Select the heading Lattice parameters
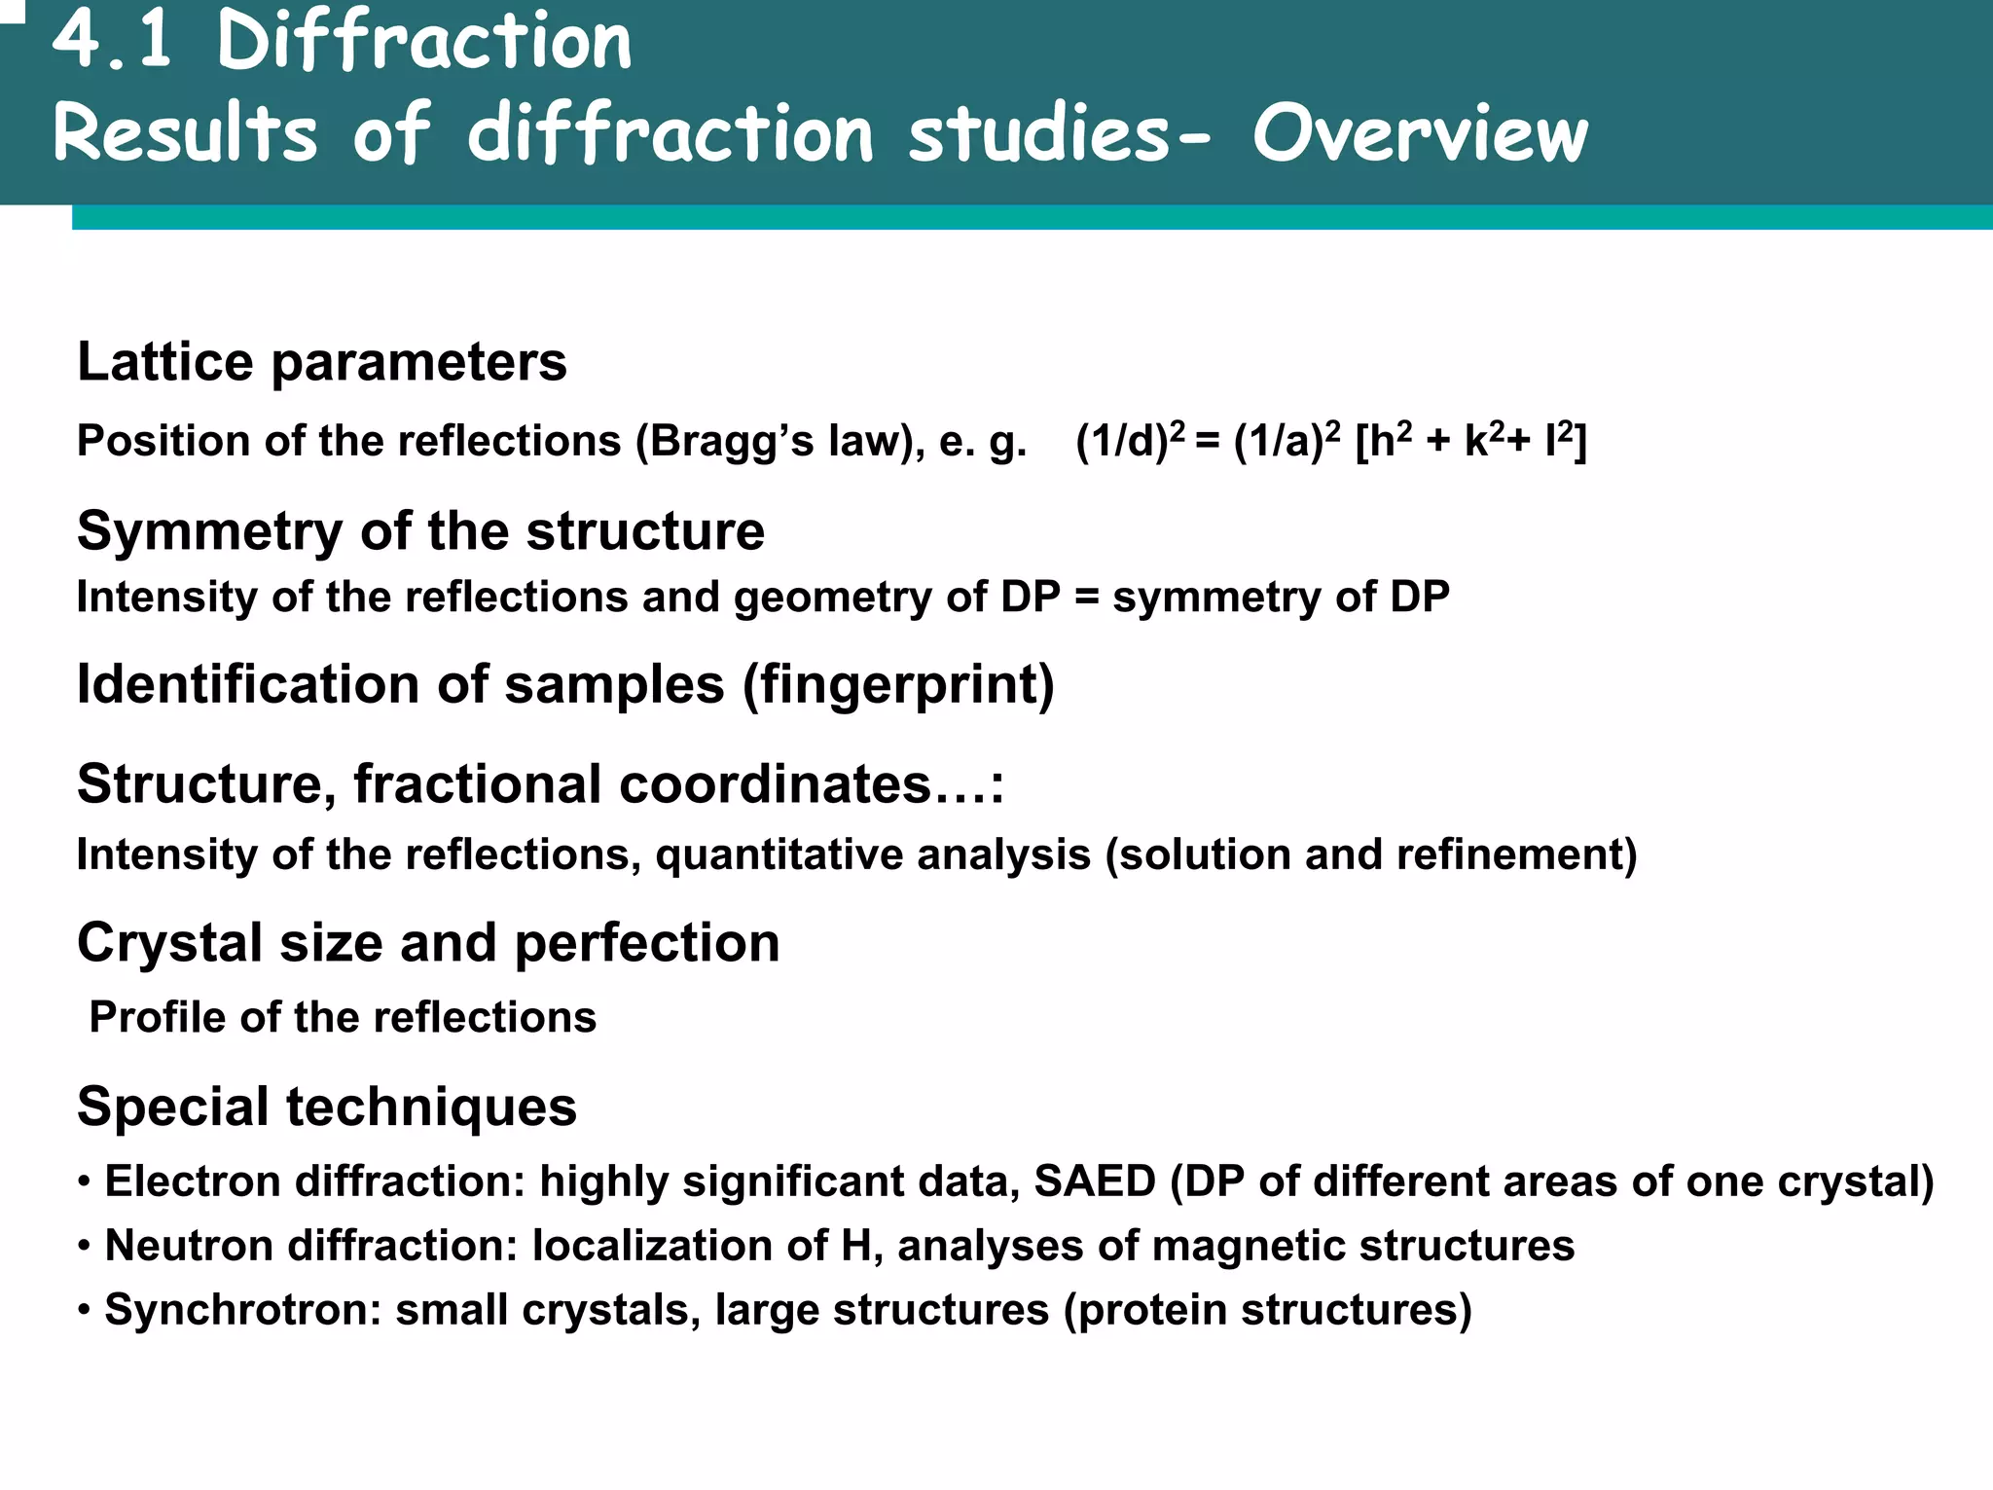tap(321, 362)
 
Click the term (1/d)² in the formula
tap(1130, 440)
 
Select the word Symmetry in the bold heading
tap(209, 531)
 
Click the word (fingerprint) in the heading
tap(898, 684)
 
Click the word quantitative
tap(872, 854)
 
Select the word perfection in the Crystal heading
tap(646, 942)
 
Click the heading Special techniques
tap(327, 1107)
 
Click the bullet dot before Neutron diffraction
tap(85, 1245)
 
